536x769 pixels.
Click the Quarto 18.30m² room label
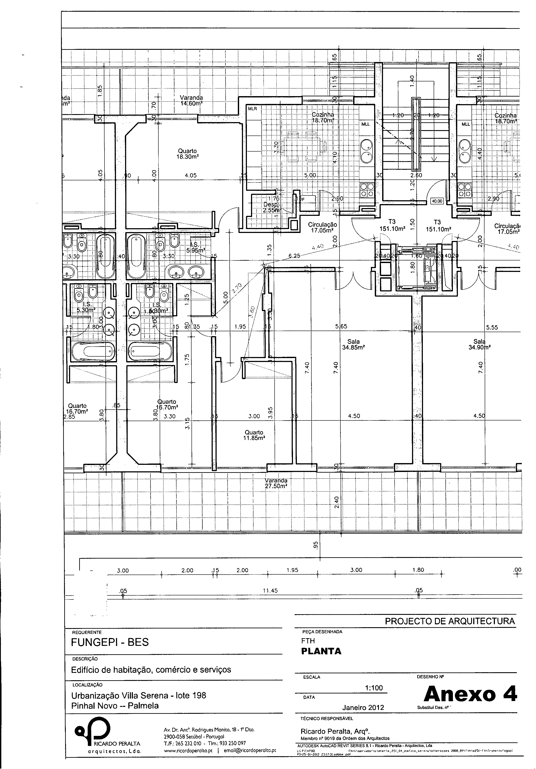coord(187,154)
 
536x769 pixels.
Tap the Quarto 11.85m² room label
coord(254,435)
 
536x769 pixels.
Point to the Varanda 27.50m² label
coord(276,483)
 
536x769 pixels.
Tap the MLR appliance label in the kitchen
coord(253,109)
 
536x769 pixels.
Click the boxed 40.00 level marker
coord(437,201)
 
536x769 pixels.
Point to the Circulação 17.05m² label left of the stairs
coord(322,227)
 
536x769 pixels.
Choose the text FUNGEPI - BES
coord(110,642)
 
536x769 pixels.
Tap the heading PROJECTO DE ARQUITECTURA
coord(450,621)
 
